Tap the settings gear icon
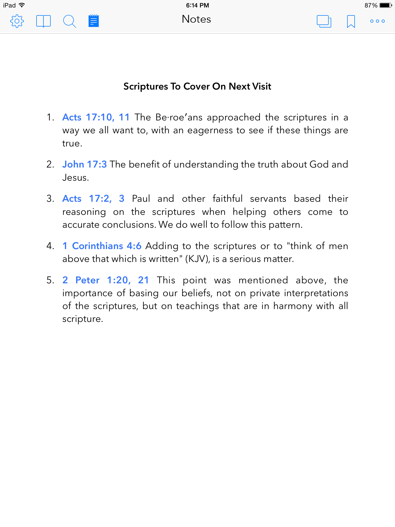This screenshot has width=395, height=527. point(17,21)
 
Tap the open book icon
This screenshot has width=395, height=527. point(43,21)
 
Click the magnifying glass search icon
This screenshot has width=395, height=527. point(69,21)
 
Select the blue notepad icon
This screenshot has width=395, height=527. point(94,21)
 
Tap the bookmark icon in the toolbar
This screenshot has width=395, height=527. point(351,21)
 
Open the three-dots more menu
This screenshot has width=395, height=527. point(377,21)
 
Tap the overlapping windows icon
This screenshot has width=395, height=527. point(324,21)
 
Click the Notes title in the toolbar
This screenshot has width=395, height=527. point(196,19)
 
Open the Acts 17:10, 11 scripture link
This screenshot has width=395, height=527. point(96,117)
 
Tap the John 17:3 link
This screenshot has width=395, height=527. point(84,164)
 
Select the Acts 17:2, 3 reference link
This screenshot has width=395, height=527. point(93,199)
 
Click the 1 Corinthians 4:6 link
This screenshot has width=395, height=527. point(102,246)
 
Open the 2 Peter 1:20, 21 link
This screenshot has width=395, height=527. point(105,280)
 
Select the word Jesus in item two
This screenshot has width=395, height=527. point(75,178)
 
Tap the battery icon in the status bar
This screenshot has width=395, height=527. point(385,5)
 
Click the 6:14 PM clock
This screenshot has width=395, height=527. point(197,5)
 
